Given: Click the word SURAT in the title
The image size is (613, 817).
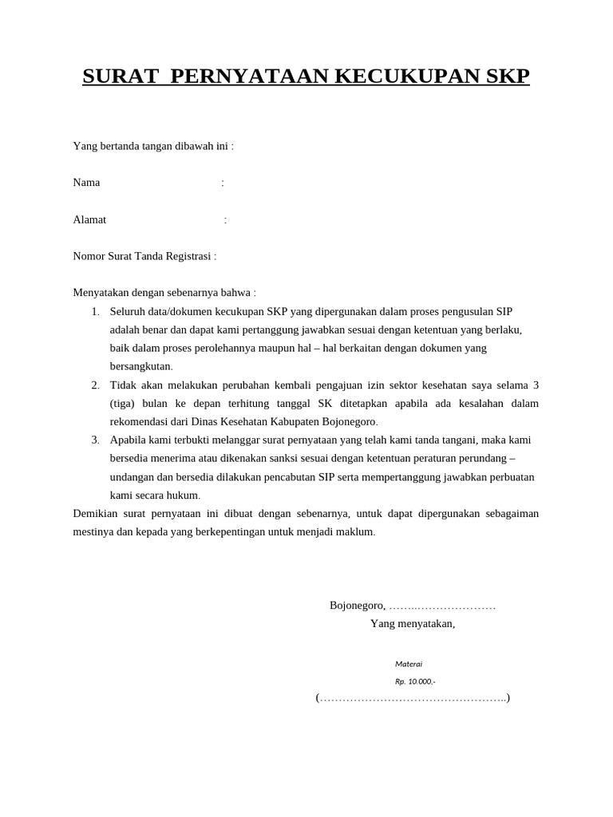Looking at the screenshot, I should click(x=119, y=77).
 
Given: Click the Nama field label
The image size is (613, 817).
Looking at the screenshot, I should click(x=86, y=183).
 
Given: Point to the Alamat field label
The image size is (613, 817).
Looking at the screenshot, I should click(x=89, y=219).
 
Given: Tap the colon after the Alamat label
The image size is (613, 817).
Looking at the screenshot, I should click(x=226, y=220).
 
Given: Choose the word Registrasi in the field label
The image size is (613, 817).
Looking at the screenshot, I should click(x=188, y=256).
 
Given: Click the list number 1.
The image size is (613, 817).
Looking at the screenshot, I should click(x=94, y=311).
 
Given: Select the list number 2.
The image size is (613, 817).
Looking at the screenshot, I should click(x=94, y=385).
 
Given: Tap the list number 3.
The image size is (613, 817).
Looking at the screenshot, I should click(x=94, y=440).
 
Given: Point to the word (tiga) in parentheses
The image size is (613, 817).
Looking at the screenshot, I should click(x=125, y=403).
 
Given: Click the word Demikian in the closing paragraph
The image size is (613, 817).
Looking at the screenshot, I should click(x=95, y=513).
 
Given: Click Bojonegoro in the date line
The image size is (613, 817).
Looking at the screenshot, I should click(x=357, y=605).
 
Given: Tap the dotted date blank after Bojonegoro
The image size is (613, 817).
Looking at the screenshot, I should click(x=442, y=606).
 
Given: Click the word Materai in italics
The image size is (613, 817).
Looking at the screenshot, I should click(x=409, y=664).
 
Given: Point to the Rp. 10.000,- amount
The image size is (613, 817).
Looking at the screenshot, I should click(x=415, y=681).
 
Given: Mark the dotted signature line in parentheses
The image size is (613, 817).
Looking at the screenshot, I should click(x=413, y=699).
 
